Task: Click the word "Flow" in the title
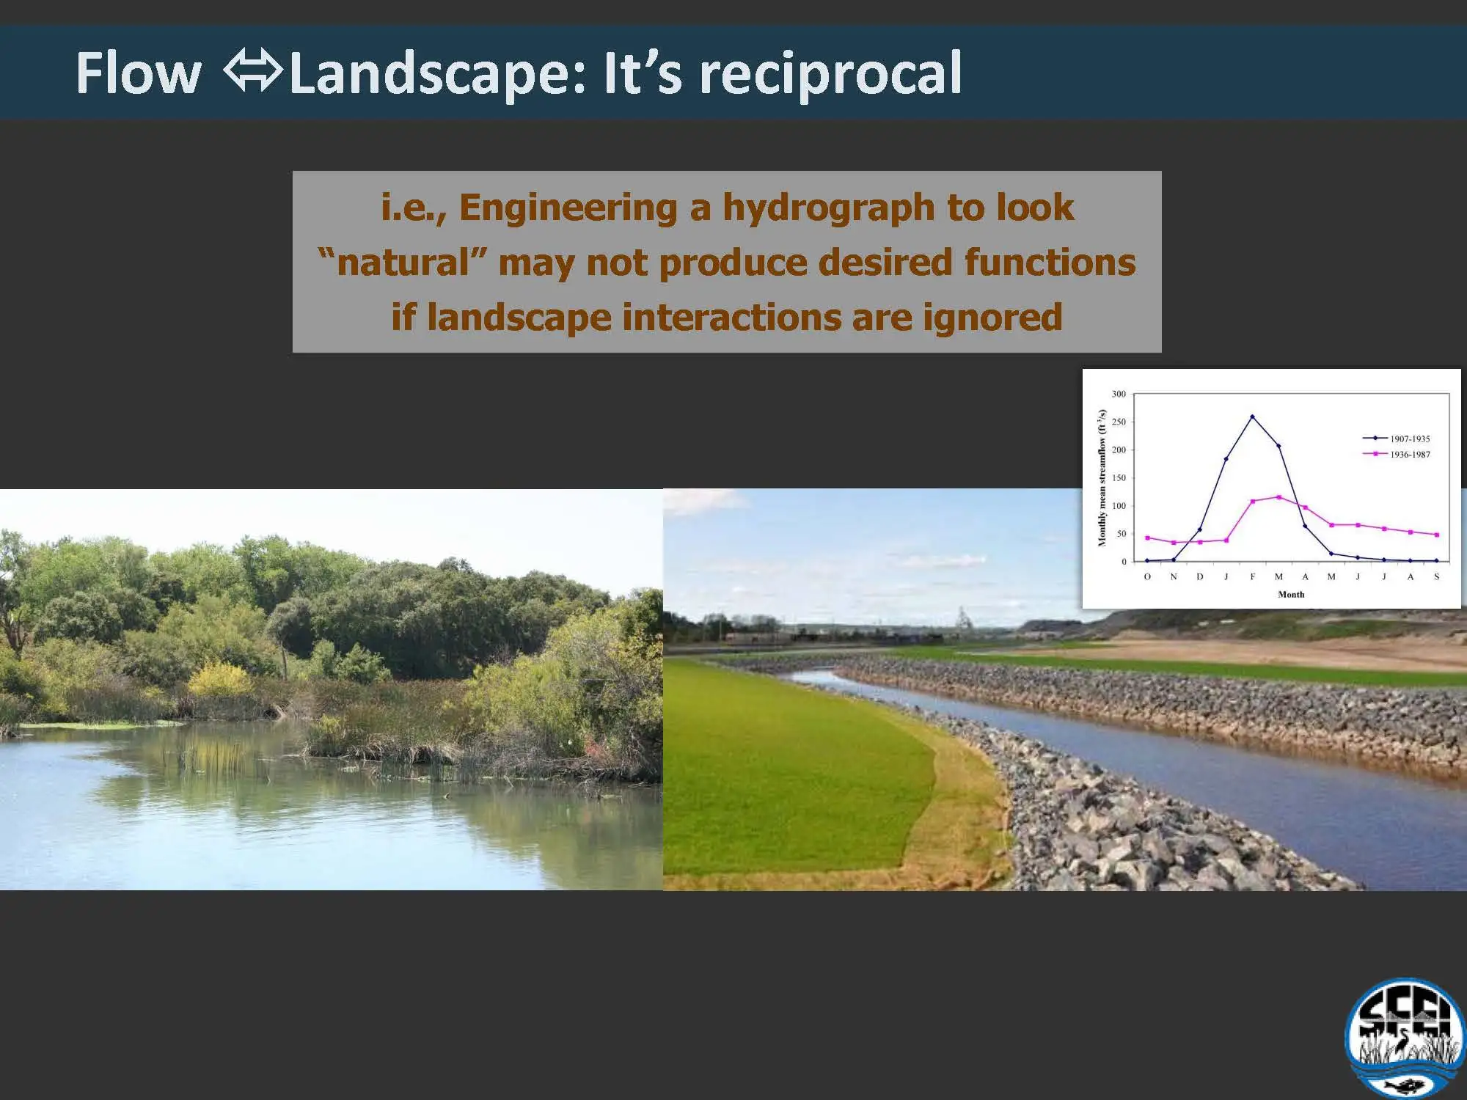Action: point(139,73)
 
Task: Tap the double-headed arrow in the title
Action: point(252,70)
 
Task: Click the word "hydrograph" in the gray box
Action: point(829,208)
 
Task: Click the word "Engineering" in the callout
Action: point(568,208)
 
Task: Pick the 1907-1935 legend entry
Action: point(1396,439)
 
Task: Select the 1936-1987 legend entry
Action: point(1396,454)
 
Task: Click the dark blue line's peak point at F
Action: point(1252,417)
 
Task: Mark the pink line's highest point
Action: point(1279,497)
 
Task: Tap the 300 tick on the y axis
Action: point(1119,394)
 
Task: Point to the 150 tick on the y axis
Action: point(1119,477)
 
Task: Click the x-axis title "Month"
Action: point(1291,594)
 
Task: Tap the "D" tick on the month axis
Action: point(1200,576)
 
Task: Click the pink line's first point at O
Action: point(1147,538)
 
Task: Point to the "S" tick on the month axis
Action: point(1436,576)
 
